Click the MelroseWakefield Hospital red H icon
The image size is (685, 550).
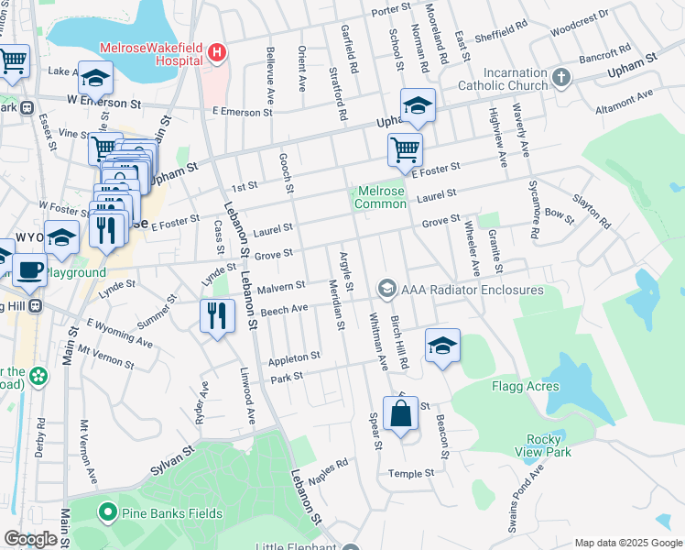216,52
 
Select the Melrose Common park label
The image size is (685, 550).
381,196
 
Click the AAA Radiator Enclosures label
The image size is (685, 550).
473,290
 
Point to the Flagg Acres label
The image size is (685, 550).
525,386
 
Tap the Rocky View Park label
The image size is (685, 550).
549,445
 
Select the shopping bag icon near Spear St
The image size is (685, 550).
400,414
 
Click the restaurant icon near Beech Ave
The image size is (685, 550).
217,316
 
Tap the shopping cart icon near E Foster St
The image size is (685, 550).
405,149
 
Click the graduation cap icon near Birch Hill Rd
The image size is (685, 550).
442,346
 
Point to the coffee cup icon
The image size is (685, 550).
29,269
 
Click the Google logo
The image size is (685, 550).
30,540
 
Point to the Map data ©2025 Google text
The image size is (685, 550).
627,543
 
